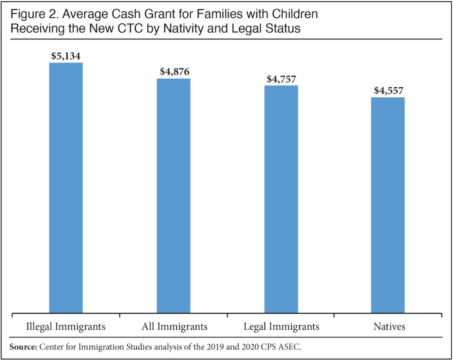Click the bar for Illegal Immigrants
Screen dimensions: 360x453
click(66, 188)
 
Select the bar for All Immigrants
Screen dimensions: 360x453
click(173, 196)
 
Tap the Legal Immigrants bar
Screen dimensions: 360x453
click(281, 199)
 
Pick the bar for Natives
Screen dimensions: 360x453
click(388, 205)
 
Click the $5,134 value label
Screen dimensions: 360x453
click(66, 56)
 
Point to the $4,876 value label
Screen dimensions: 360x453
click(174, 72)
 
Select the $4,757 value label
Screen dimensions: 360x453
click(281, 79)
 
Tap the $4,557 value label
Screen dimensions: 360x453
click(388, 91)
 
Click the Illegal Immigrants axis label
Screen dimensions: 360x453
click(66, 327)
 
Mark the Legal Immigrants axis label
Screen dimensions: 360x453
click(281, 327)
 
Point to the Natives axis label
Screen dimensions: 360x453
click(388, 327)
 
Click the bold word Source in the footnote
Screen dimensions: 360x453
click(23, 346)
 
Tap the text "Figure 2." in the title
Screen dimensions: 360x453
click(34, 14)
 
